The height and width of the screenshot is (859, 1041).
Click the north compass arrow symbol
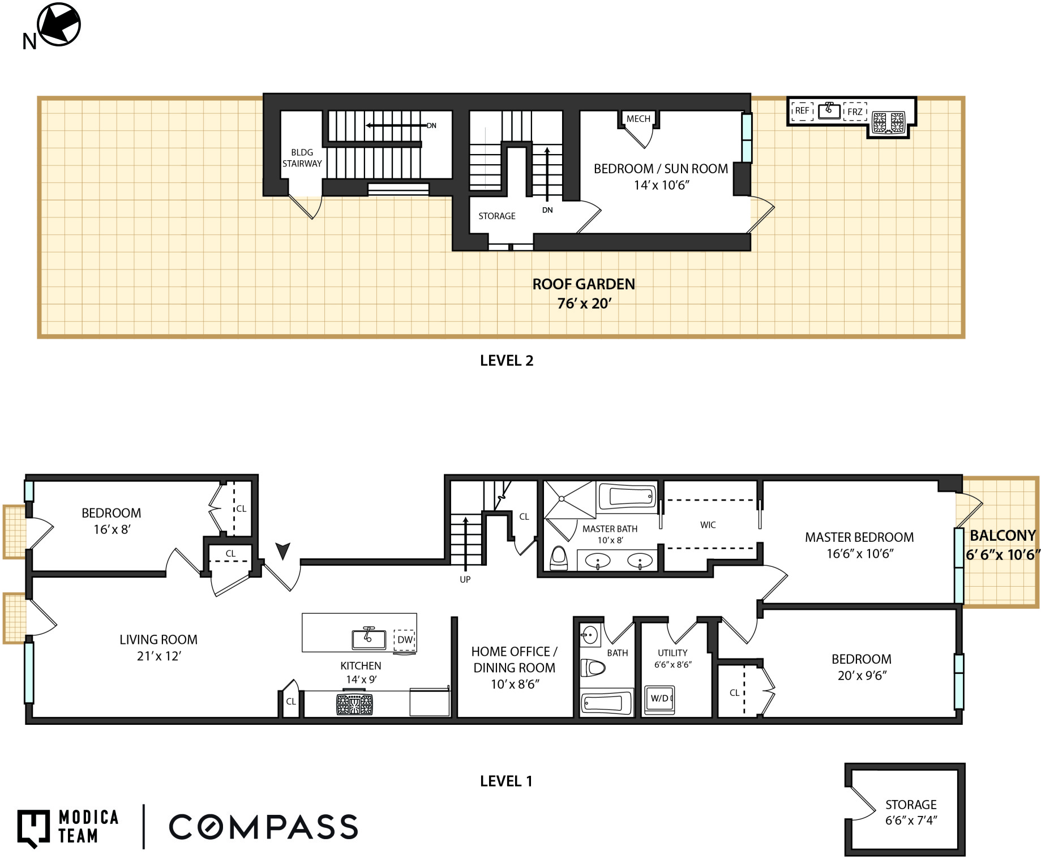(59, 24)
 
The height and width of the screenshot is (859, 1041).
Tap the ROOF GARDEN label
(584, 284)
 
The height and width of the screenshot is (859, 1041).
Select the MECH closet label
(638, 119)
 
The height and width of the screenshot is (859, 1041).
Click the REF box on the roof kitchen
(802, 111)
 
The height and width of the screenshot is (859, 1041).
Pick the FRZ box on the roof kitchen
(855, 112)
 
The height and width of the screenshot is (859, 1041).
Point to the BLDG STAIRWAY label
(302, 158)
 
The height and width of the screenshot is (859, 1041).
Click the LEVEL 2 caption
(507, 361)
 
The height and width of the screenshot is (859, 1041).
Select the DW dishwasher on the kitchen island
(405, 640)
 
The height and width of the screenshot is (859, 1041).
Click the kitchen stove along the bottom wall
(354, 704)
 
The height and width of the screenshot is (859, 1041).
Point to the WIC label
(708, 525)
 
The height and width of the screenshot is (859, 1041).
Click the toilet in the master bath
(559, 558)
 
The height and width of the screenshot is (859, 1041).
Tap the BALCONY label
(1003, 535)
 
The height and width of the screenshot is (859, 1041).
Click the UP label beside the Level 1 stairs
(465, 579)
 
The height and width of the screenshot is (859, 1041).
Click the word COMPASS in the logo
(263, 827)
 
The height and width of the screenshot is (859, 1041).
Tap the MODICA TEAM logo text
(88, 826)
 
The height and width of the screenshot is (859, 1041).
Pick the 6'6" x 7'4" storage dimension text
(911, 820)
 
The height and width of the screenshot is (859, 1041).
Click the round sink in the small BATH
(590, 635)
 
